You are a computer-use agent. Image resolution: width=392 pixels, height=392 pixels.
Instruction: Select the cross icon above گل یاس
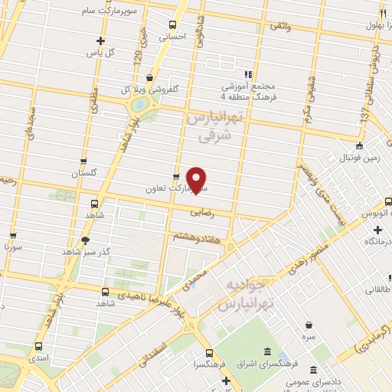100,41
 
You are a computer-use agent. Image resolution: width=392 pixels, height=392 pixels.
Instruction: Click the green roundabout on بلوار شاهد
139,104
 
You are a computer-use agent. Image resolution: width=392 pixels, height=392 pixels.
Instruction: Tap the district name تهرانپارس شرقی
214,127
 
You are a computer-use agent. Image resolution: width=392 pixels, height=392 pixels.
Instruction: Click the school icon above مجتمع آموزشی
247,74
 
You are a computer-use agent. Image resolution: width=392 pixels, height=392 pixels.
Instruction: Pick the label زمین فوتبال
360,158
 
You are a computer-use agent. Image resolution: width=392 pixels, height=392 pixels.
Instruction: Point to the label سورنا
12,247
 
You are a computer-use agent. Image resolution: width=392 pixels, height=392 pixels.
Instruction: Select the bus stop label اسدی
38,358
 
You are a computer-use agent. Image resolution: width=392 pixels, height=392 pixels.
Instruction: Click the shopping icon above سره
309,325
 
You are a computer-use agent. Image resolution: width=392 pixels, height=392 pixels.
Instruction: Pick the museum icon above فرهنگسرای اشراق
266,351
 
